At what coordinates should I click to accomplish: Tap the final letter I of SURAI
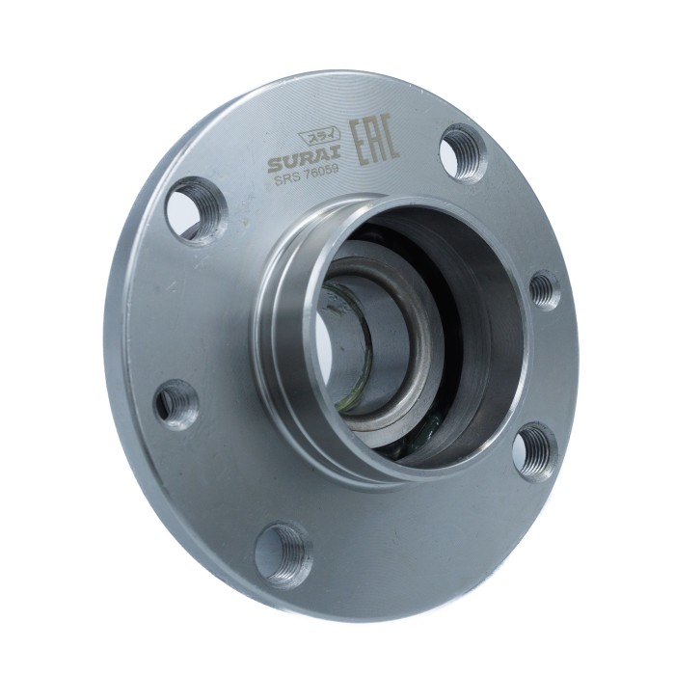337,151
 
